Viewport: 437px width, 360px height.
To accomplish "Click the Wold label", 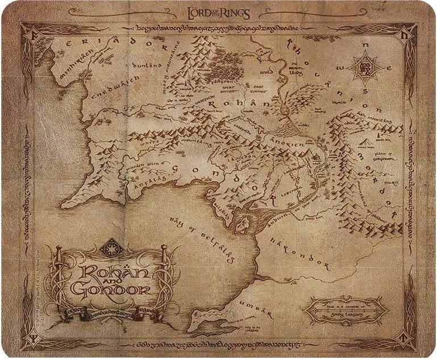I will click(267, 73).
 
